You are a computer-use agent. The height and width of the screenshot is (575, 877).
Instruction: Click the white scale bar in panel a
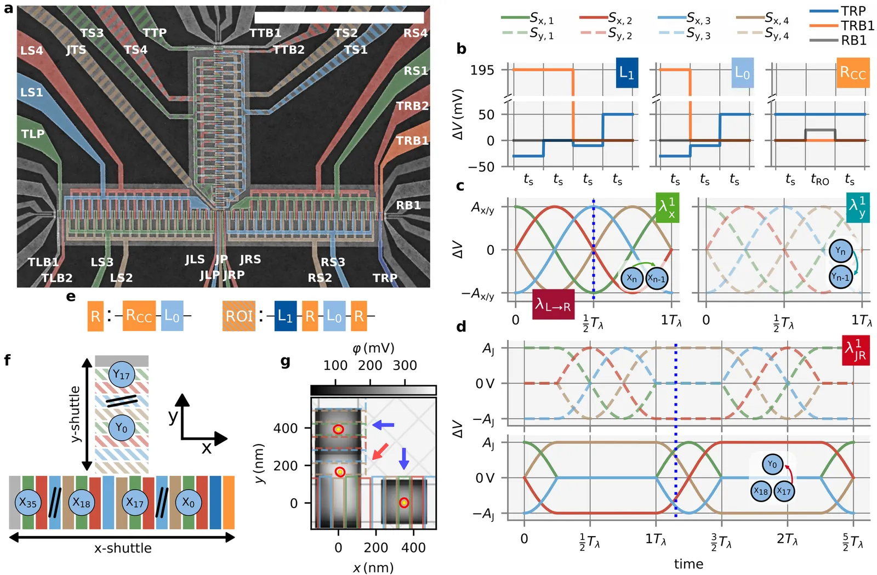pos(339,17)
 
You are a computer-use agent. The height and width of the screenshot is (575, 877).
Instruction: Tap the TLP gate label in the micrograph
pos(32,134)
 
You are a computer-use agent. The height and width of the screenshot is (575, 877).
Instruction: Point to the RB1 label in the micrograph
pos(408,205)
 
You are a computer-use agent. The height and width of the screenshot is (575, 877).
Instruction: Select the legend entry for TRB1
pos(857,26)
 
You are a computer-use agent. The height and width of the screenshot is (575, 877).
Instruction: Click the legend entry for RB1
pos(853,41)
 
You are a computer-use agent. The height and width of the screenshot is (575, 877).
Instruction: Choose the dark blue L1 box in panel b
pos(627,73)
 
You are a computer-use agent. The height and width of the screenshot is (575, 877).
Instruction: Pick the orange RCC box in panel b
pos(852,73)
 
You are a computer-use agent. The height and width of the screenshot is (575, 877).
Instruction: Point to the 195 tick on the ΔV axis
pos(482,70)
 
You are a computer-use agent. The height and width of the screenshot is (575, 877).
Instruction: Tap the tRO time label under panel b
pos(819,180)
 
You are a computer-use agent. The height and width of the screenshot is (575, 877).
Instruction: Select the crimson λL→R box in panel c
pos(553,304)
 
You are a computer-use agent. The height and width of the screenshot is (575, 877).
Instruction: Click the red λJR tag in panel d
pos(855,350)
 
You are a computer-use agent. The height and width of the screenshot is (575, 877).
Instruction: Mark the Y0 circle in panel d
pos(772,465)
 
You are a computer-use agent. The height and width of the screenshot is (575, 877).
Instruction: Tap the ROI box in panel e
pos(238,316)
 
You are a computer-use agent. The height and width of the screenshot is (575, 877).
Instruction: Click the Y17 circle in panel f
pos(121,375)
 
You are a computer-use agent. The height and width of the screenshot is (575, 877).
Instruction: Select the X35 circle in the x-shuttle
pos(28,503)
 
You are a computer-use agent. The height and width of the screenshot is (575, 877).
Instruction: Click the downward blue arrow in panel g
pos(404,459)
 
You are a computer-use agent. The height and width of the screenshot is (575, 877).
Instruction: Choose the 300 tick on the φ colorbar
pos(405,366)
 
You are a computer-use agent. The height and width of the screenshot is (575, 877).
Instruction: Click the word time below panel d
pos(688,564)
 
